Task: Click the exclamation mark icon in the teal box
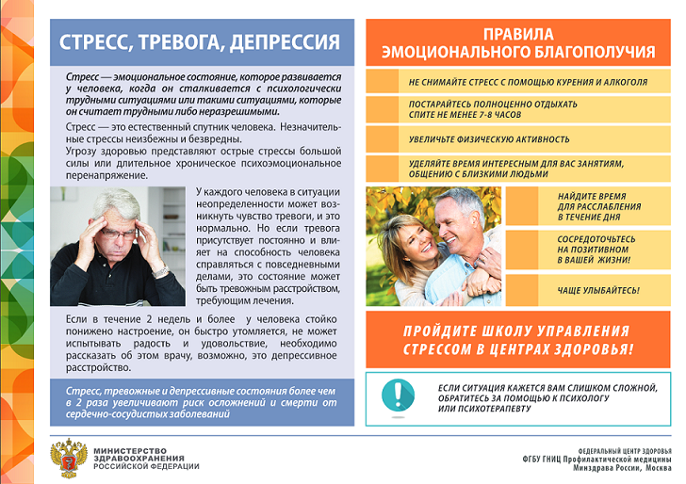tap(402, 391)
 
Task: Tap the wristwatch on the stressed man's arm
tap(160, 271)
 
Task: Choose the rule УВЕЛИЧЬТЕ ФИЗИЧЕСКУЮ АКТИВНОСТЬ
tap(489, 139)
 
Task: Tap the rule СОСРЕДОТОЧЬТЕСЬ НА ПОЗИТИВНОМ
tap(594, 250)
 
